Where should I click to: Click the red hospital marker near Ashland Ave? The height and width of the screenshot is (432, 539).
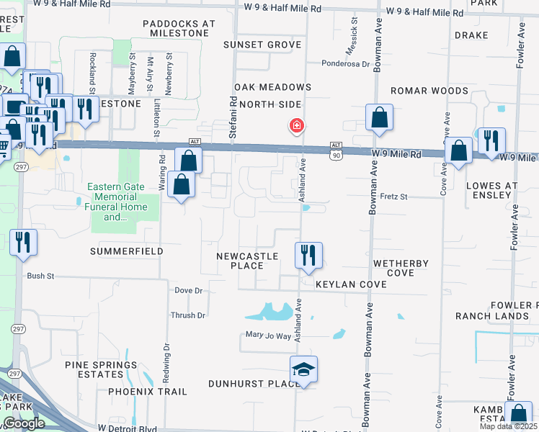[x=295, y=126]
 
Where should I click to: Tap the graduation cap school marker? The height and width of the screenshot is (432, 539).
[x=304, y=370]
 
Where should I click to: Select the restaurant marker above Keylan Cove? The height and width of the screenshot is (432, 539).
[x=308, y=256]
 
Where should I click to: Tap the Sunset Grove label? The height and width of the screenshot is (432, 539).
[x=262, y=45]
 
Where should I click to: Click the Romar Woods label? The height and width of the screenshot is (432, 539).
[x=429, y=91]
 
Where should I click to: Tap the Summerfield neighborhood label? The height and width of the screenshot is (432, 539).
[x=127, y=251]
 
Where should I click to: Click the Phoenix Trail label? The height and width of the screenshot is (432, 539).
[x=148, y=392]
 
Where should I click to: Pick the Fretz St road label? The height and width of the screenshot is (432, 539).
[x=394, y=196]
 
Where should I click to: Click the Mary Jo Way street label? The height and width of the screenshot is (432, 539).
[x=268, y=336]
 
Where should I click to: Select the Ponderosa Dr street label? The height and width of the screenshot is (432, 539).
[x=345, y=63]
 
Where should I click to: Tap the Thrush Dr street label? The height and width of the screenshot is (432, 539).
[x=188, y=315]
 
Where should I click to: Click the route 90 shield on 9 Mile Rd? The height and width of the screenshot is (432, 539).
[x=337, y=155]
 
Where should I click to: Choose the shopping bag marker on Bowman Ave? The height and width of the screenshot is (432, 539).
[x=379, y=117]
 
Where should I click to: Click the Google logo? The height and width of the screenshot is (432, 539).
[x=24, y=423]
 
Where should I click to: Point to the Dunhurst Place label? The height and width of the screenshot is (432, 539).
[x=254, y=384]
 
